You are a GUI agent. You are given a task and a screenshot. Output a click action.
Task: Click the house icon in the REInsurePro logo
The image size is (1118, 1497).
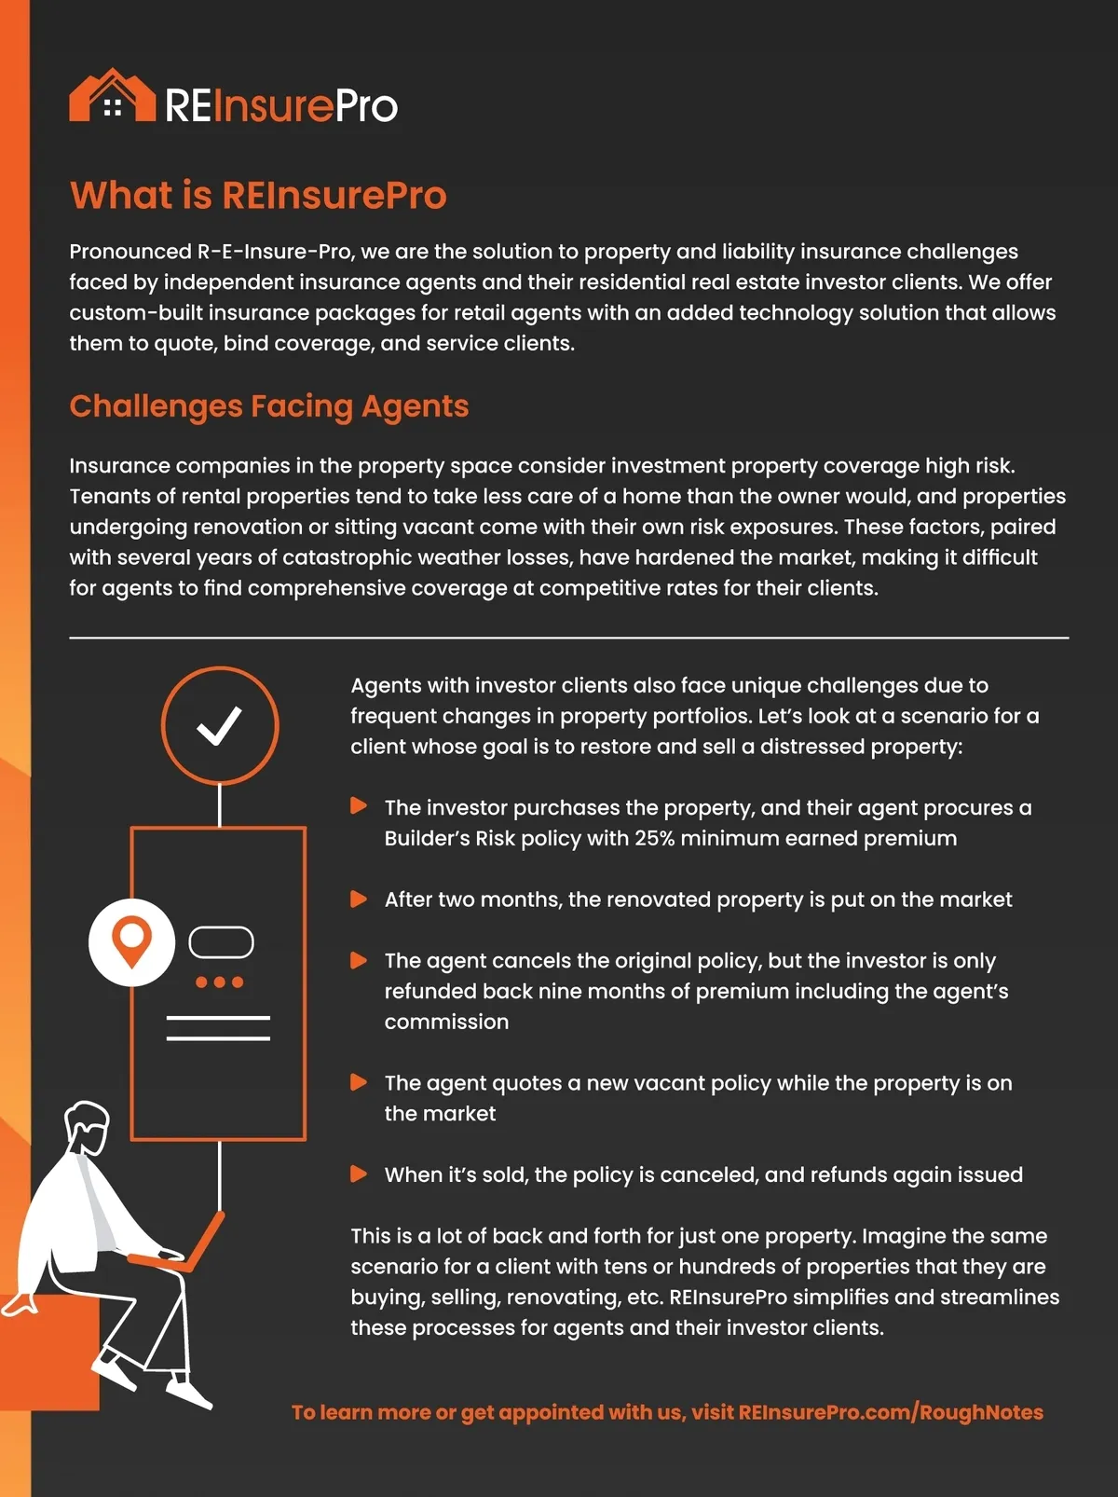(x=112, y=96)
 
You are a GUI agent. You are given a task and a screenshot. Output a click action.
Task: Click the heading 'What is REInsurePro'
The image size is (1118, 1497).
(x=258, y=196)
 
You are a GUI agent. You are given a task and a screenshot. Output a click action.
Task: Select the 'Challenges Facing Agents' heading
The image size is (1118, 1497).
(x=268, y=406)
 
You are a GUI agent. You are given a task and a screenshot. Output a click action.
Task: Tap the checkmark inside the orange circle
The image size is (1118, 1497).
(x=219, y=726)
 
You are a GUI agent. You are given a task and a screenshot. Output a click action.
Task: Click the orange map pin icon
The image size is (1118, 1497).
(x=131, y=941)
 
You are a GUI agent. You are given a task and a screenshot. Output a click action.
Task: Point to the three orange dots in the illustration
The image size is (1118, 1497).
(x=219, y=982)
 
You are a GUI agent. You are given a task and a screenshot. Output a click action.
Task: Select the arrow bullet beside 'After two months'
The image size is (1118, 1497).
(x=358, y=900)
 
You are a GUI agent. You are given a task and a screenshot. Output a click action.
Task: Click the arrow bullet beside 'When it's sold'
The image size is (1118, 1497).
(x=358, y=1174)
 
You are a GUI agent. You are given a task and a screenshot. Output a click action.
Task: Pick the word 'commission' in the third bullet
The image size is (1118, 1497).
(x=446, y=1022)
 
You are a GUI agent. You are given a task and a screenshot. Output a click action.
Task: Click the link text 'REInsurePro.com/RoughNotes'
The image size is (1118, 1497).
(x=891, y=1412)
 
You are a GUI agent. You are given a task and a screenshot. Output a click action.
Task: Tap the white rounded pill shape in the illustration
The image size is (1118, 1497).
(x=221, y=942)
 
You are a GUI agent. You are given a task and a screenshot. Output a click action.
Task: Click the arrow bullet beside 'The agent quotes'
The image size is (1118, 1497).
(x=358, y=1083)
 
